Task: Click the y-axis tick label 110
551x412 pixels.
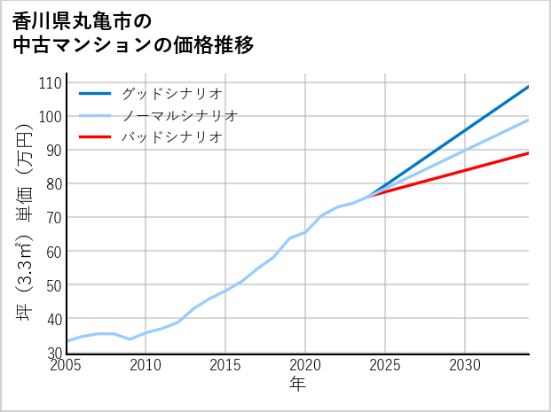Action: (50, 82)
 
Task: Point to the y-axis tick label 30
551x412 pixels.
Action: (52, 353)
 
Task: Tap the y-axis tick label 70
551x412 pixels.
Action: (52, 217)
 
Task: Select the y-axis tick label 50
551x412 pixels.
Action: (52, 285)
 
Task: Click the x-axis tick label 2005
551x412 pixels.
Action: (67, 365)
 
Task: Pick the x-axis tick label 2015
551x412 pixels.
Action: (225, 365)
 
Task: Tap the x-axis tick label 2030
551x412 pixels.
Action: (465, 365)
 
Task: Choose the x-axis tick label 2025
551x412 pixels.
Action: (385, 365)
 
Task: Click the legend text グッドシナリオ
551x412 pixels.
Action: (171, 93)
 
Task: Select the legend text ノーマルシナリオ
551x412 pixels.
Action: (179, 115)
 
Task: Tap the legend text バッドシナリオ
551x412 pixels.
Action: (171, 137)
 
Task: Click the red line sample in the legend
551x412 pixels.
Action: (95, 137)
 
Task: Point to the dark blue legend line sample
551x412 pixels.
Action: (95, 93)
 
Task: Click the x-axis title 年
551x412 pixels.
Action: (297, 385)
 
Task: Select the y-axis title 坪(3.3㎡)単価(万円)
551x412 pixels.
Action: (25, 218)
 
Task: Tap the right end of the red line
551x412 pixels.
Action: (529, 153)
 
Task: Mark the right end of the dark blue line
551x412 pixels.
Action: (529, 86)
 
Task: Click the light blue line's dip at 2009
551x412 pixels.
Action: (130, 339)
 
